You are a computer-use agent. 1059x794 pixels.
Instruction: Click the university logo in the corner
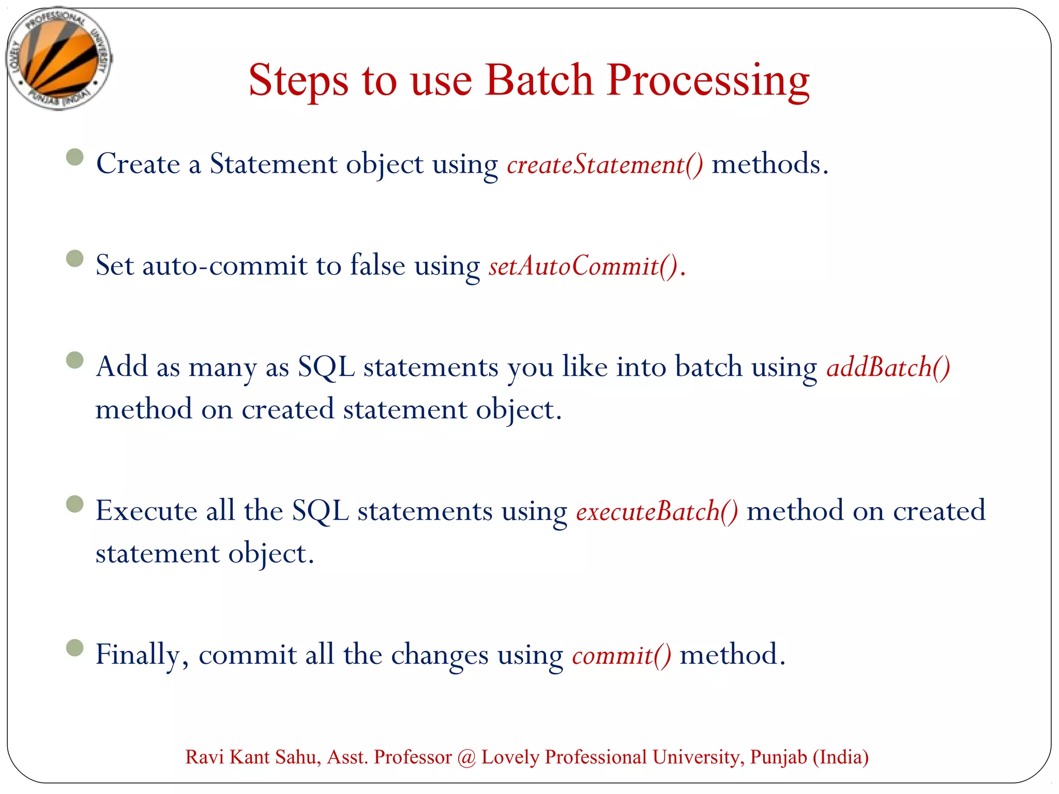pos(58,58)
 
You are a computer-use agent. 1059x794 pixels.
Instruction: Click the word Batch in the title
pos(539,81)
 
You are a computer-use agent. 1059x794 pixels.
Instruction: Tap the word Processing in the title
pos(708,82)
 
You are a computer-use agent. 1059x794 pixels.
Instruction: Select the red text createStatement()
pos(605,164)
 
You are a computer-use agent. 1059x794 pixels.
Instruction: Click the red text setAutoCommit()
pos(583,266)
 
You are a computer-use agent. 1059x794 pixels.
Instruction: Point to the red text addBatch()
pos(888,368)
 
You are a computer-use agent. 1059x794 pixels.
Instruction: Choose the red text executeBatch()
pos(657,511)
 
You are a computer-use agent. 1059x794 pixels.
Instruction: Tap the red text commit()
pos(622,655)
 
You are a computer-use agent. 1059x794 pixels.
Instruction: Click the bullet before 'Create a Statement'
pos(75,157)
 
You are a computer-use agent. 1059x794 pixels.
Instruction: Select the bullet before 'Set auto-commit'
pos(75,258)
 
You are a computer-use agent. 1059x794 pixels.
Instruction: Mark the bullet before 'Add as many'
pos(75,360)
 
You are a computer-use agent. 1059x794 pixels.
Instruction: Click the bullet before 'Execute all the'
pos(75,503)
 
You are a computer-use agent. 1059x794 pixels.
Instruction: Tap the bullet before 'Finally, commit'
pos(75,647)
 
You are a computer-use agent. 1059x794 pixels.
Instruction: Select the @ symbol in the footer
pos(466,757)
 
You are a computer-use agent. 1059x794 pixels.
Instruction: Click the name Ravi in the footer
pos(204,757)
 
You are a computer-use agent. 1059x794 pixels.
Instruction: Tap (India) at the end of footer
pos(840,757)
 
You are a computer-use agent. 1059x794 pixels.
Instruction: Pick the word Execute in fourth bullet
pos(146,511)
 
